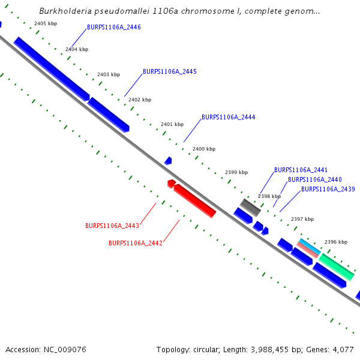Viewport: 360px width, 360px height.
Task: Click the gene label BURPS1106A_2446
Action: tap(114, 28)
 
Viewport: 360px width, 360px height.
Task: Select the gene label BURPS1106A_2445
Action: tap(170, 72)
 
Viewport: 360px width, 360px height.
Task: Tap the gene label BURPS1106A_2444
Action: tap(229, 118)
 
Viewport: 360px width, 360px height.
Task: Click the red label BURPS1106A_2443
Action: tap(112, 226)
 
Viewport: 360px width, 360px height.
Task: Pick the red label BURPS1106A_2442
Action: tap(136, 244)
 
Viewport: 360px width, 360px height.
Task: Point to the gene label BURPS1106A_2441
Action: tap(301, 170)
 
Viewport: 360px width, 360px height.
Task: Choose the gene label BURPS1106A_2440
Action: tap(315, 180)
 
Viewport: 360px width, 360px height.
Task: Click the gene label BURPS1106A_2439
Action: tap(328, 190)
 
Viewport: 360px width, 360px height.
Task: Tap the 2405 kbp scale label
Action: tap(46, 23)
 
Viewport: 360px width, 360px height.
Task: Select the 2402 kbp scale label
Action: tap(140, 100)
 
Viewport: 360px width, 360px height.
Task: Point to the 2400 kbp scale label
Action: tap(204, 149)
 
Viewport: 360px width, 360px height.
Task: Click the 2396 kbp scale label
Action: tap(336, 242)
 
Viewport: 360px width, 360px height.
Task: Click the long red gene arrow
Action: tap(195, 201)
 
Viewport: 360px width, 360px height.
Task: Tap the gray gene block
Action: tap(250, 208)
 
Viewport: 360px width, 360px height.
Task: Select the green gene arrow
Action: tap(336, 266)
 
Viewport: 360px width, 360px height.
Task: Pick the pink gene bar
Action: tap(307, 250)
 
